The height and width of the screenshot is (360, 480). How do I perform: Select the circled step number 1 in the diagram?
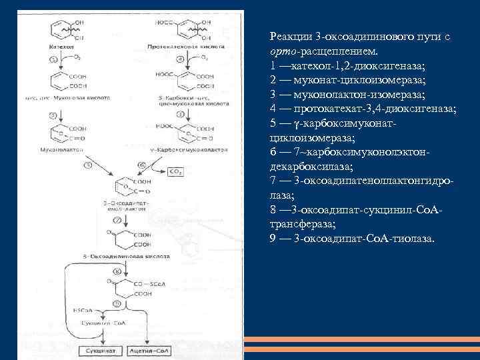[53, 60]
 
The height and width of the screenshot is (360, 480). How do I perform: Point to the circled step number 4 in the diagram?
[171, 59]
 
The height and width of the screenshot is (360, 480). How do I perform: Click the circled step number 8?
[117, 271]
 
